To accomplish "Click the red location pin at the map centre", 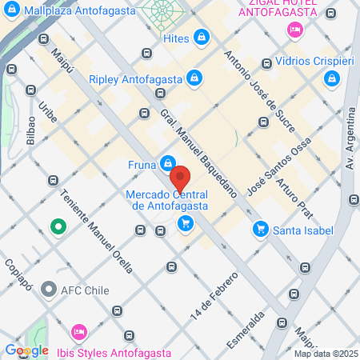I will [x=180, y=177].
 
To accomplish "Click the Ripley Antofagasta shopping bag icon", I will [x=194, y=78].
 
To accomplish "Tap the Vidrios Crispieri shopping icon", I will [x=332, y=78].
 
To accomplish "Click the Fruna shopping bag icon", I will [x=168, y=163].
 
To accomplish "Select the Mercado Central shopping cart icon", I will [x=186, y=223].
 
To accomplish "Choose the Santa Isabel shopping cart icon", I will [x=259, y=230].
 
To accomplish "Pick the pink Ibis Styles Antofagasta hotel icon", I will [x=78, y=331].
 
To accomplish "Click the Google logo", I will [x=26, y=350].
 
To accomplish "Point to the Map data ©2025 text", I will [x=326, y=354].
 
